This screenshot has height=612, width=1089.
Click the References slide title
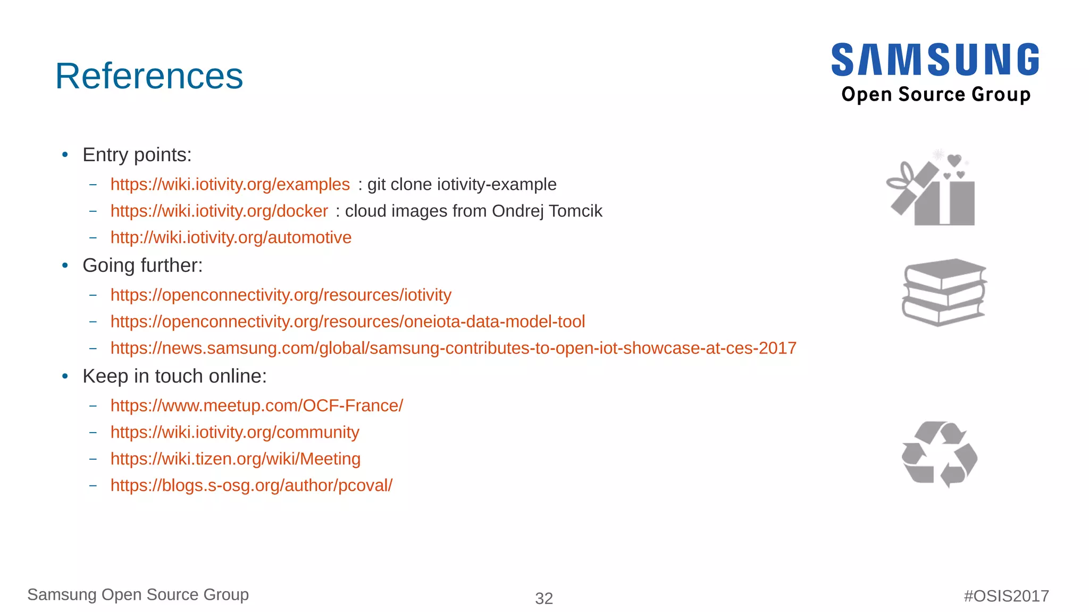[149, 76]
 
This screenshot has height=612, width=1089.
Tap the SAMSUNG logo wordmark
[935, 60]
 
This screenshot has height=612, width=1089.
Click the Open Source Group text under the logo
[936, 95]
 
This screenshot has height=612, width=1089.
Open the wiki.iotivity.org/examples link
[230, 184]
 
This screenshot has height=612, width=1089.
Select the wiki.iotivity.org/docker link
[219, 211]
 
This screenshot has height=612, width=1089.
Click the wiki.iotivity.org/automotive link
[231, 237]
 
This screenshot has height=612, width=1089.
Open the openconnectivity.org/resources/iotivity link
[281, 295]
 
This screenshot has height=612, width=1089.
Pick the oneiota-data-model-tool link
[348, 321]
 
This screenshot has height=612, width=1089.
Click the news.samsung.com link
[453, 348]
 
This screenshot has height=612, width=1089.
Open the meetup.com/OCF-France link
[257, 406]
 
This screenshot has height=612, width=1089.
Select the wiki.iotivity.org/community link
[234, 432]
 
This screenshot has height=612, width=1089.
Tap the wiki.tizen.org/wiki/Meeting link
[235, 459]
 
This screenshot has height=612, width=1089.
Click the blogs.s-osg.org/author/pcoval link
[251, 485]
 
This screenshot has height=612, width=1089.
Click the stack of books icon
[944, 292]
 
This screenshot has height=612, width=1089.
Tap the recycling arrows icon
[940, 454]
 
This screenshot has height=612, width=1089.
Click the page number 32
[544, 599]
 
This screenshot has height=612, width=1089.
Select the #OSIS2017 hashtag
[1006, 596]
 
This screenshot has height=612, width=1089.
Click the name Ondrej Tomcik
[547, 211]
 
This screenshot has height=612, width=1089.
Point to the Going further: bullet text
[143, 266]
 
